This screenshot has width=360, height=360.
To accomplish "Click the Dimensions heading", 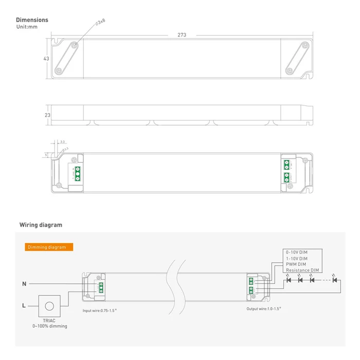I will (32, 20).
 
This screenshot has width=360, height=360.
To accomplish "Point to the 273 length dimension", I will (182, 35).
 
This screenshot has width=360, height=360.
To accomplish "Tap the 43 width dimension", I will (46, 59).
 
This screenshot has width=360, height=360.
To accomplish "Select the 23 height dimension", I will (47, 115).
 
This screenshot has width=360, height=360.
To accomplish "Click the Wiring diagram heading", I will (41, 225).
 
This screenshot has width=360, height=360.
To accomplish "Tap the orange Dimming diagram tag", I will (49, 247).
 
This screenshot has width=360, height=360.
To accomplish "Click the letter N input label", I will (24, 283).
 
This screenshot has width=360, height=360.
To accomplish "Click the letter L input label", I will (24, 305).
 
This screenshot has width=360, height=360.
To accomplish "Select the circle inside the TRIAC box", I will (50, 306).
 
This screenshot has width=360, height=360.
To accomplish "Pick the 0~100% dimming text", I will (50, 326).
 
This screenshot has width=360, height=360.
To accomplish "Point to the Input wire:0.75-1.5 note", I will (100, 311).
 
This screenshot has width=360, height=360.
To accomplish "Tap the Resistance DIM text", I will (302, 270).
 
